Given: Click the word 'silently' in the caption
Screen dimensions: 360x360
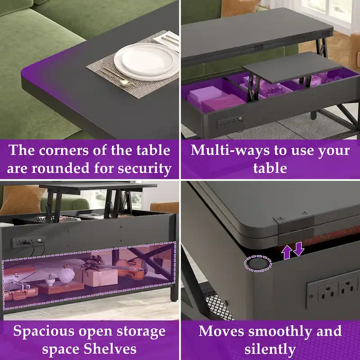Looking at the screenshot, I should [270, 349].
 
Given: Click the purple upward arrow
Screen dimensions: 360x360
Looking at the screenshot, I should [287, 252].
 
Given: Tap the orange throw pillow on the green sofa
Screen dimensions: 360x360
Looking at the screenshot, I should [22, 198].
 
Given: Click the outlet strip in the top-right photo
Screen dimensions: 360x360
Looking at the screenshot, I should [230, 121].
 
